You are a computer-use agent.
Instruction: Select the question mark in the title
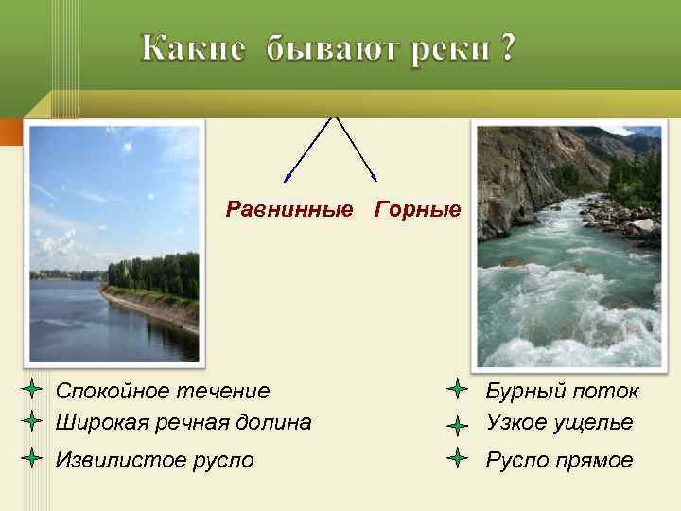click(x=509, y=47)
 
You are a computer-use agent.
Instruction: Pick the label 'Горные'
click(x=418, y=208)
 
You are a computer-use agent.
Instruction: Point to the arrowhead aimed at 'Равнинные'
click(x=287, y=177)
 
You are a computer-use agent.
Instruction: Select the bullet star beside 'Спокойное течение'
click(x=31, y=389)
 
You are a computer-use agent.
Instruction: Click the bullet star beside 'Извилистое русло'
click(x=31, y=459)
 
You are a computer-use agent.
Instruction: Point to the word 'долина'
click(x=274, y=422)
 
